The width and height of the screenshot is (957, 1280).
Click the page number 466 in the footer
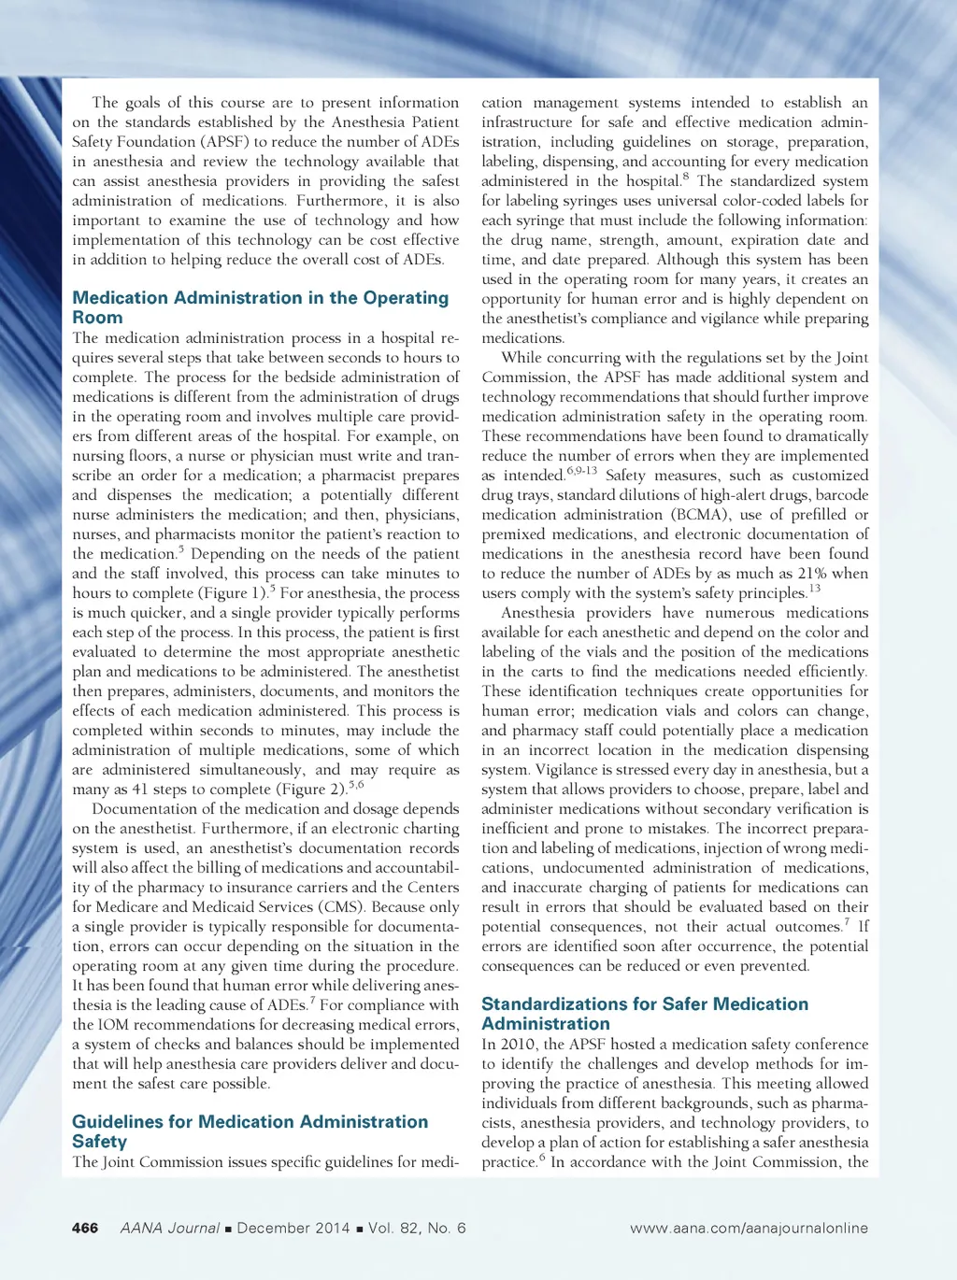(x=85, y=1228)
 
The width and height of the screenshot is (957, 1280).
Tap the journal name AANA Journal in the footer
(x=170, y=1228)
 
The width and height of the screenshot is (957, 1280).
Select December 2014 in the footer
(x=293, y=1228)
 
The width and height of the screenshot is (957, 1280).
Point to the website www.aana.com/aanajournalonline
(x=749, y=1228)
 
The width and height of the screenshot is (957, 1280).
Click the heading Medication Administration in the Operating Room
(x=260, y=307)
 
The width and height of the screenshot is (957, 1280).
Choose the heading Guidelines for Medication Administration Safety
(x=250, y=1131)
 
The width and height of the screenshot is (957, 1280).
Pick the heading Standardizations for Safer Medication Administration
(x=645, y=1014)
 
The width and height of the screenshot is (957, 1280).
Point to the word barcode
(x=842, y=495)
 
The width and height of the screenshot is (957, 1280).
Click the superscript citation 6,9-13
(x=581, y=471)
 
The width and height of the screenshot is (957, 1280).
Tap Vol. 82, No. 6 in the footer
(x=417, y=1228)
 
